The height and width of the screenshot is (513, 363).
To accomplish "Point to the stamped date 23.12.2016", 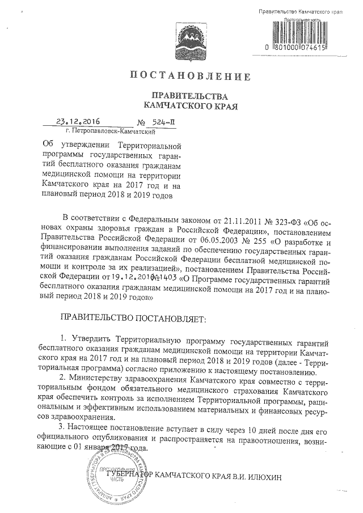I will tap(75, 121).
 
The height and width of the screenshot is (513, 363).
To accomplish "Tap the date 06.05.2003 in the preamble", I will tap(204, 240).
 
